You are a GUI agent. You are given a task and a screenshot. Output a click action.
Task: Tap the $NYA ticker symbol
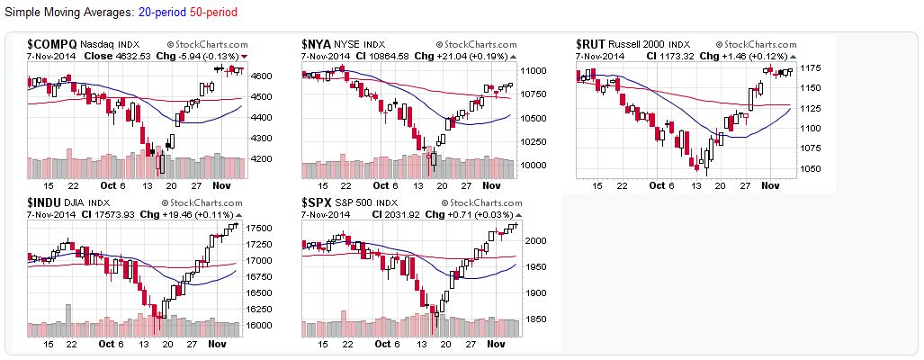316,43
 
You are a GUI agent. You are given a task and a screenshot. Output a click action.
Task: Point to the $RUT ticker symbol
590,43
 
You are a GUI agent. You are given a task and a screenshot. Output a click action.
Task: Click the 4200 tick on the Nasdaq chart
262,159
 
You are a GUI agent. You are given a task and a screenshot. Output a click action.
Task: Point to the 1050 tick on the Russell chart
812,169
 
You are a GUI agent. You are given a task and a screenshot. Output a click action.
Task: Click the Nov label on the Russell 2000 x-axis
769,185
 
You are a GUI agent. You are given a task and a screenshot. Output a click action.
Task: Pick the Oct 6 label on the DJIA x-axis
112,344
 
